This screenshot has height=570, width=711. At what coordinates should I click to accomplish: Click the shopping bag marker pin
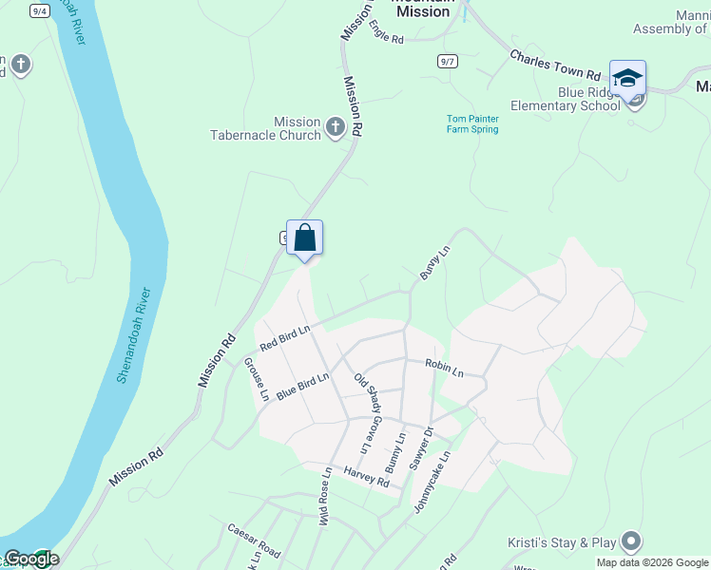click(x=304, y=237)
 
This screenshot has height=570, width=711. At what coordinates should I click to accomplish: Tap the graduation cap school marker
click(x=627, y=78)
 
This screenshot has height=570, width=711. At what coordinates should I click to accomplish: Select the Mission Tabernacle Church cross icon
click(x=335, y=127)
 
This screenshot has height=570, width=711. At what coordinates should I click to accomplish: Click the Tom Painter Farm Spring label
click(x=472, y=124)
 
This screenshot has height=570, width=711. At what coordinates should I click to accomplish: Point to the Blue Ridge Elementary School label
click(x=564, y=100)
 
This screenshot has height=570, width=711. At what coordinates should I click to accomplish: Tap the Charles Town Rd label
click(x=556, y=66)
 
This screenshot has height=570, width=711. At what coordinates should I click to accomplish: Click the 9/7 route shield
click(x=448, y=61)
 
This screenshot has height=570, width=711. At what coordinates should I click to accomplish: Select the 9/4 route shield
click(x=39, y=10)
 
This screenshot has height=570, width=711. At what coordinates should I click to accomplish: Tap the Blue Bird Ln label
click(x=302, y=386)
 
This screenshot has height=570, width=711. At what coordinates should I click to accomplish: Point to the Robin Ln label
click(x=444, y=367)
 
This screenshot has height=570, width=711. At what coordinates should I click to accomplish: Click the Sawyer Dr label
click(x=422, y=447)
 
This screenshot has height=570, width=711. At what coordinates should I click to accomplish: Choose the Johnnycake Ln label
click(x=432, y=482)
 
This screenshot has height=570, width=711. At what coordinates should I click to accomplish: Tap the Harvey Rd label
click(x=367, y=477)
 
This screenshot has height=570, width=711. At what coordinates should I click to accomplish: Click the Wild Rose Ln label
click(x=324, y=496)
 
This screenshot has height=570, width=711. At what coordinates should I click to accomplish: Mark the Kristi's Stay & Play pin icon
click(x=629, y=542)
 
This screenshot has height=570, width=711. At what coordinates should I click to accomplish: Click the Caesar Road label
click(x=254, y=540)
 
